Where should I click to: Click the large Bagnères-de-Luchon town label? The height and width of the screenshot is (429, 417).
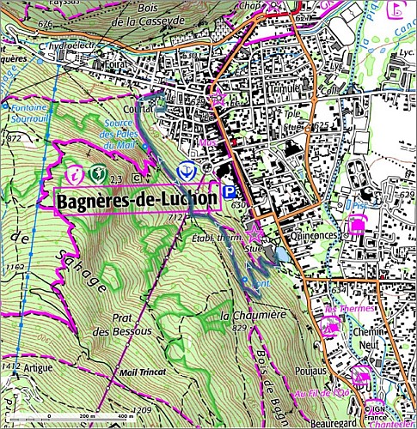tap(136, 199)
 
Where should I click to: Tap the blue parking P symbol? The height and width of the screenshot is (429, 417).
tap(229, 194)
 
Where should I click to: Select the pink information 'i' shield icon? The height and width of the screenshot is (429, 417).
tap(78, 174)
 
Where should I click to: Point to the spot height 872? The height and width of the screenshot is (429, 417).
tap(12, 138)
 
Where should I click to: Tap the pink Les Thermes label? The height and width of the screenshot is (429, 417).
tap(350, 308)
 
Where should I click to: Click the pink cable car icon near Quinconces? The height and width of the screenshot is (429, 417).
tap(354, 227)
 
